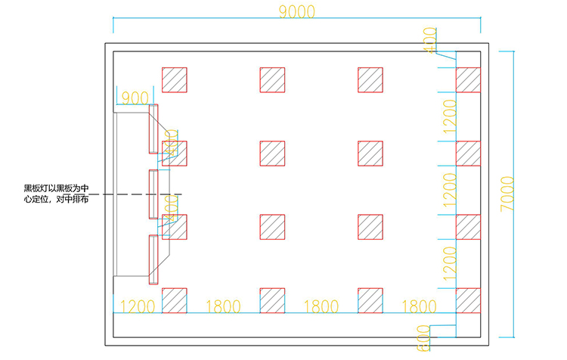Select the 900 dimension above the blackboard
(135, 98)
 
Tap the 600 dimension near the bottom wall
(423, 337)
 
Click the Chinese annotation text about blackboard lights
(57, 194)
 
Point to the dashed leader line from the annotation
(136, 194)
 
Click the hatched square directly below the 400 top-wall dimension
(468, 80)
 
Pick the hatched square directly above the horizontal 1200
(175, 300)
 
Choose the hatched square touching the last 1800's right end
(468, 300)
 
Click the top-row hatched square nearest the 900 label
(175, 80)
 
